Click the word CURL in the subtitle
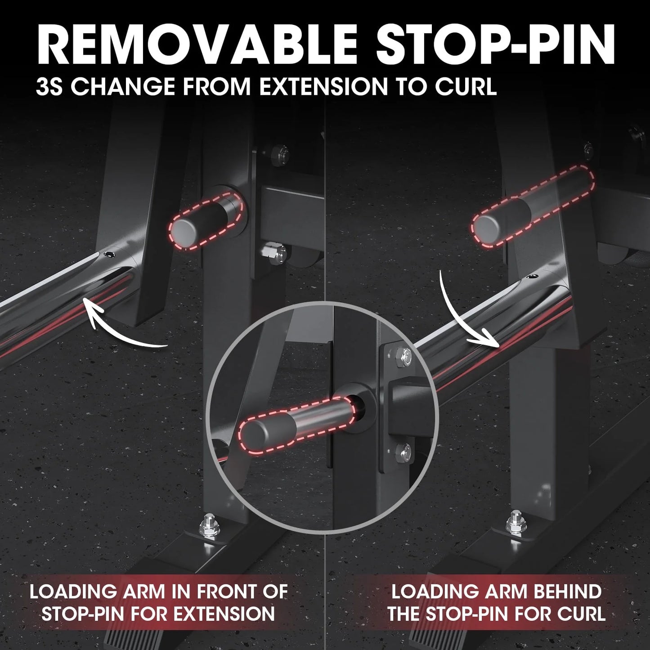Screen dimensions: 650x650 466,86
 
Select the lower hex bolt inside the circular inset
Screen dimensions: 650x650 403,451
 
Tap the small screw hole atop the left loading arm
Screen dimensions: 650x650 109,254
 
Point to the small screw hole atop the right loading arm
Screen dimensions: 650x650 532,277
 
